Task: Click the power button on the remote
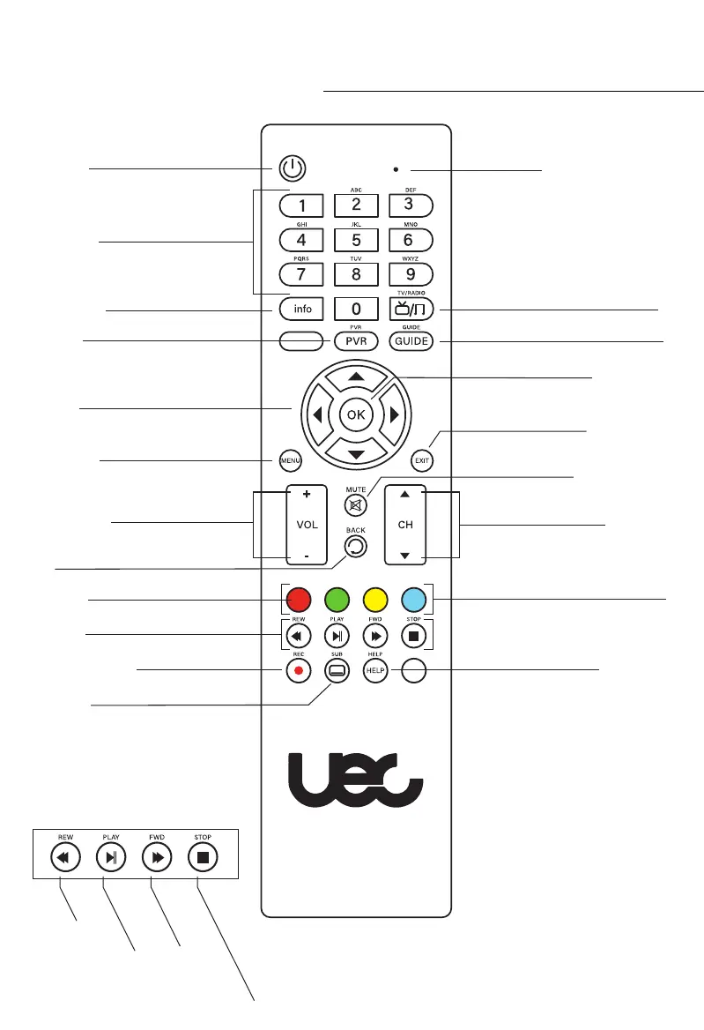click(293, 168)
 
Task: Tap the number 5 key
click(356, 240)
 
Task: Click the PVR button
click(356, 340)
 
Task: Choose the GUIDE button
click(411, 340)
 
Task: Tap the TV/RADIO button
click(411, 309)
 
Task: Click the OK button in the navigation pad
click(356, 414)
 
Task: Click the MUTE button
click(356, 506)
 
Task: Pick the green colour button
click(336, 601)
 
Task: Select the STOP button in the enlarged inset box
click(199, 855)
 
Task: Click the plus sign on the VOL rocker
click(306, 496)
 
